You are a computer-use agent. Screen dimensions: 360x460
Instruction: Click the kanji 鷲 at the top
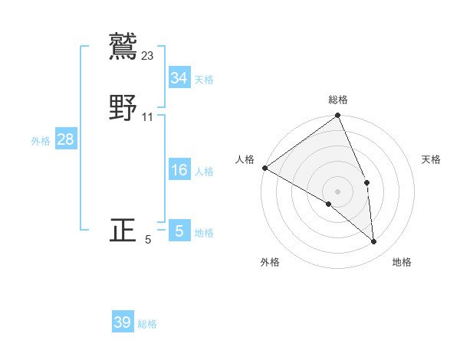[123, 45]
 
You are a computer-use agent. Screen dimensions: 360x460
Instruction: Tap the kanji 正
[123, 230]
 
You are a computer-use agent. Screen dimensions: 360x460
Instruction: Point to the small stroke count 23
[148, 55]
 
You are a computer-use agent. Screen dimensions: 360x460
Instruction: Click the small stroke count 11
[148, 117]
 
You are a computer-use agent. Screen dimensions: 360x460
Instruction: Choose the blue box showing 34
[179, 77]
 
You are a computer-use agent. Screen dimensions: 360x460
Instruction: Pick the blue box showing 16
[179, 170]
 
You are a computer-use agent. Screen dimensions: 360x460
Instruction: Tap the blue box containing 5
[179, 231]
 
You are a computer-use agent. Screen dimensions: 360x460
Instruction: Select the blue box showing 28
[65, 139]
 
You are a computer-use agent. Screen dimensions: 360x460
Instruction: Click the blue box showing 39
[123, 322]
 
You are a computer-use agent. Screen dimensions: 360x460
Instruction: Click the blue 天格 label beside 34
[204, 79]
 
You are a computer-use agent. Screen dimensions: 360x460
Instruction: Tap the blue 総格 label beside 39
[147, 324]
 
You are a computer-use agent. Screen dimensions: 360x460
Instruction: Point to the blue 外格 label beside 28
[41, 141]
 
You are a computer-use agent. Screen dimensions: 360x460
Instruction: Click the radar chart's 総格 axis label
[338, 100]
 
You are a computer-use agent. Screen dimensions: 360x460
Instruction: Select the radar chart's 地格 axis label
[402, 262]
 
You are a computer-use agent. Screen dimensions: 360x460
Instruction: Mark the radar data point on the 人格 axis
[264, 168]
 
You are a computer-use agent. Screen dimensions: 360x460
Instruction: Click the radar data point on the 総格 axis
[338, 116]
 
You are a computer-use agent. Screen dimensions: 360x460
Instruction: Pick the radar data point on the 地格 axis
[374, 241]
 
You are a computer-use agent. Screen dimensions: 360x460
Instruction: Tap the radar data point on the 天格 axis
[367, 182]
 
